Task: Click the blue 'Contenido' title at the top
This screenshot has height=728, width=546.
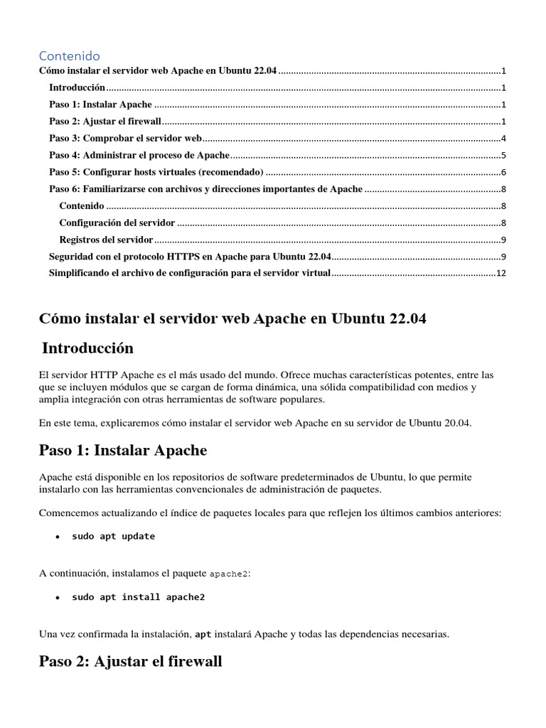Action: point(69,55)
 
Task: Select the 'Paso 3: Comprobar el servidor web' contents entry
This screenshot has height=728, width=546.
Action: point(126,139)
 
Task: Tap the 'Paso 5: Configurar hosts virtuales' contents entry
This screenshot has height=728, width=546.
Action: point(156,173)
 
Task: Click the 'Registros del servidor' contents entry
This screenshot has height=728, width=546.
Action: point(106,240)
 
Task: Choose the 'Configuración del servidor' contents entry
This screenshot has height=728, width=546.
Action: point(117,223)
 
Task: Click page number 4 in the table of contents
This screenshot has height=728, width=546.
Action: point(503,139)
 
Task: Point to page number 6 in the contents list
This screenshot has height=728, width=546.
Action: point(503,173)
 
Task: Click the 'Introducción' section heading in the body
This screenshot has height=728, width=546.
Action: point(87,348)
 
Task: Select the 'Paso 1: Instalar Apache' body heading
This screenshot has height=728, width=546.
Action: point(123,450)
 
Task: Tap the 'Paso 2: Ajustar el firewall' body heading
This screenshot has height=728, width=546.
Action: point(131,661)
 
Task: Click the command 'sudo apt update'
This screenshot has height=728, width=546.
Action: point(113,537)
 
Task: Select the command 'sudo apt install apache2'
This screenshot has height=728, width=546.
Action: point(138,597)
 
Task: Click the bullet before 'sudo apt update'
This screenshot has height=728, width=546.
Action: point(58,537)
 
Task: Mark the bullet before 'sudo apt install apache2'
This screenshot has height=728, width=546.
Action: point(58,598)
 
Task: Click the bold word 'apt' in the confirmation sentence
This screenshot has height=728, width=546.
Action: point(203,633)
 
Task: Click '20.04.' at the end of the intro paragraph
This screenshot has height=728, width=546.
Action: point(455,423)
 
